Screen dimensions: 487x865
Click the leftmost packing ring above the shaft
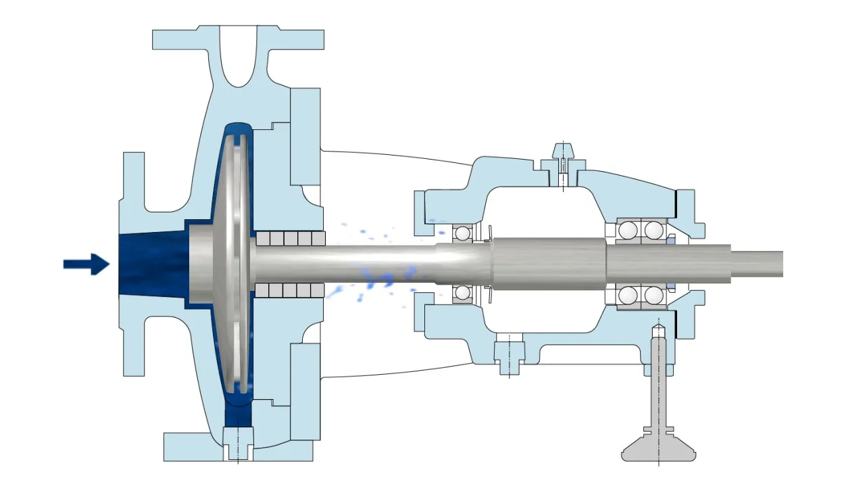click(263, 238)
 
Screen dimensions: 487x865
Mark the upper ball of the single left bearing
click(462, 233)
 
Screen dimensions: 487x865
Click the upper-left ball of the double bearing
click(628, 231)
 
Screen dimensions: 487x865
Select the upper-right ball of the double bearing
click(653, 231)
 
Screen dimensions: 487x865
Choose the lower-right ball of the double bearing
click(653, 296)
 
